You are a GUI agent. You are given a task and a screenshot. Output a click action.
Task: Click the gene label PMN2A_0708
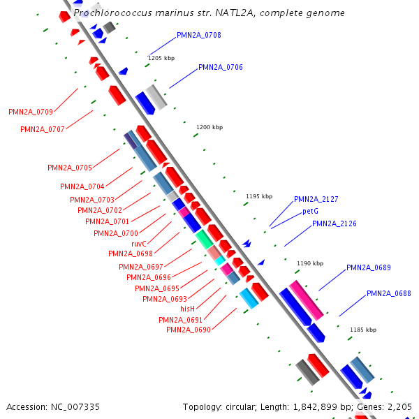199,35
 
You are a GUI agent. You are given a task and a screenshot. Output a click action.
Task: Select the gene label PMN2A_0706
221,67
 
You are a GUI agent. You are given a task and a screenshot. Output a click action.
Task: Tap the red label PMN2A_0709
31,112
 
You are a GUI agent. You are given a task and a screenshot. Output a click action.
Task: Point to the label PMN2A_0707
43,129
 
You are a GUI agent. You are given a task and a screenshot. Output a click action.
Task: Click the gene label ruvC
139,244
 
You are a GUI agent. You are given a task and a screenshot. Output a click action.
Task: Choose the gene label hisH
187,309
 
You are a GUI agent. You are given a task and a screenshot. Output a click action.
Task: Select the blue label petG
310,211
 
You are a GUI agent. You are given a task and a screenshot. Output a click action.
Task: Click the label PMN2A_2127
316,199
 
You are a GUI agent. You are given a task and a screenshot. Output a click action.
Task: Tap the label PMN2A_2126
334,223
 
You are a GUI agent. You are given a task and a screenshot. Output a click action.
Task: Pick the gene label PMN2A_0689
369,267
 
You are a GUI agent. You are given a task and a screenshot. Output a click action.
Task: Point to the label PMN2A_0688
388,293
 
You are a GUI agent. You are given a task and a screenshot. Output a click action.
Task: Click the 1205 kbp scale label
161,58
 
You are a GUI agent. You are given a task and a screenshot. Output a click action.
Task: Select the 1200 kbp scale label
209,127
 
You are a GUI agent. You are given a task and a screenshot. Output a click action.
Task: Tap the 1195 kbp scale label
259,196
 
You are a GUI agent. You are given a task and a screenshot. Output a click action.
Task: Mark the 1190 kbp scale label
311,263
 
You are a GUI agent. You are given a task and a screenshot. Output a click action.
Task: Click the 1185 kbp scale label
363,330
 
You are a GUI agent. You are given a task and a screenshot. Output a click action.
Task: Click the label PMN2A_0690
189,330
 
